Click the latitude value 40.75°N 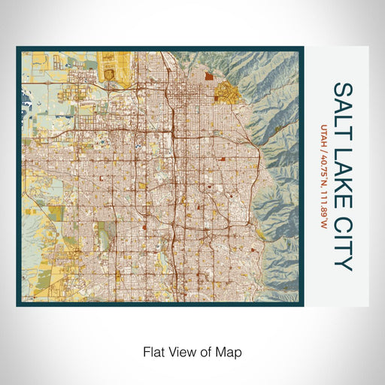(324, 168)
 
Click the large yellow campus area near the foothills (224, 93)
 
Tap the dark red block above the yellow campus (208, 75)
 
